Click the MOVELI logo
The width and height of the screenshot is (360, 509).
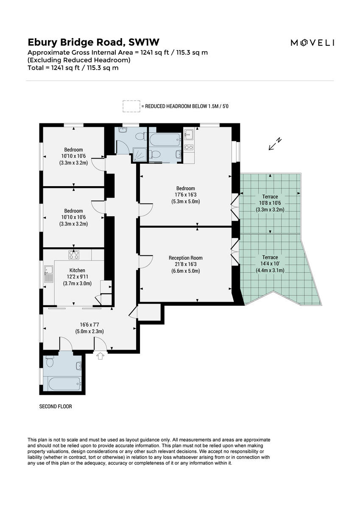312,42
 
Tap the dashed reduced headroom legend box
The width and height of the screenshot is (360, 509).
131,106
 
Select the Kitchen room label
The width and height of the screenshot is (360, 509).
77,270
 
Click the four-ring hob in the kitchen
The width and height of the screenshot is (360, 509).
74,255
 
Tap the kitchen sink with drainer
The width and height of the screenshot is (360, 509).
48,275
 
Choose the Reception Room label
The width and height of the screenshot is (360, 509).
185,258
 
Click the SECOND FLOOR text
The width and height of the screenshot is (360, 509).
56,406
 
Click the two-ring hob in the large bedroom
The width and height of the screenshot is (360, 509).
189,148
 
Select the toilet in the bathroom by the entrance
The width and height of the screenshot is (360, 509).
50,362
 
